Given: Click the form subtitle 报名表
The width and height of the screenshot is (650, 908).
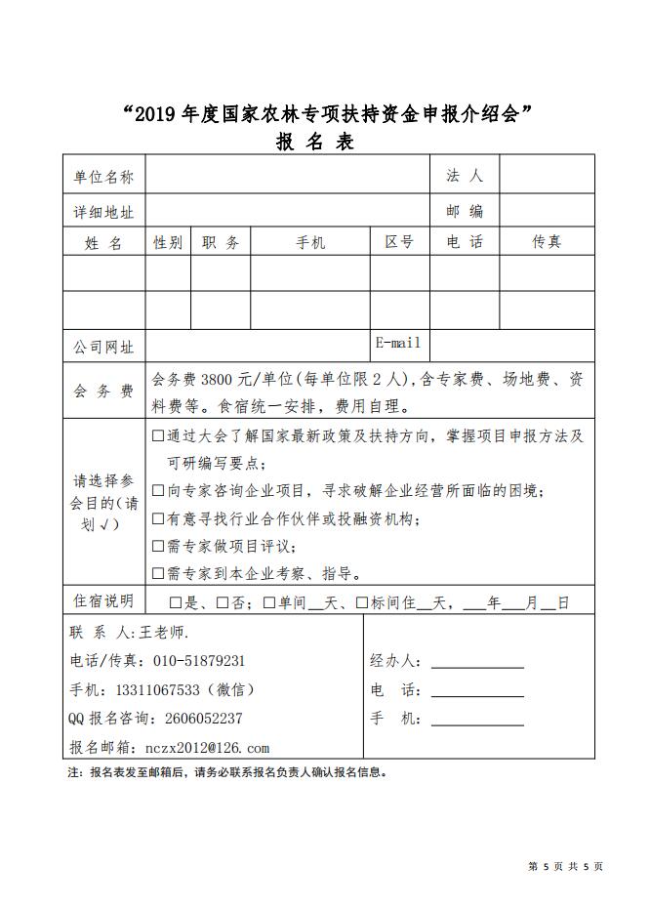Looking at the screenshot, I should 314,143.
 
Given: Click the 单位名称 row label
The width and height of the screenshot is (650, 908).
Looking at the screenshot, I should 103,177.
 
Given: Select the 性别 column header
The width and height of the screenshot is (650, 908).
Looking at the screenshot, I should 168,242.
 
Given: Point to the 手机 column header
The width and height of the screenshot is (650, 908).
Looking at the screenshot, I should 310,242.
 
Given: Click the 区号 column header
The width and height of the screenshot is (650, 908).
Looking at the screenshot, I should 399,242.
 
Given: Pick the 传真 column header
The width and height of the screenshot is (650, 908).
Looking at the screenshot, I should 547,242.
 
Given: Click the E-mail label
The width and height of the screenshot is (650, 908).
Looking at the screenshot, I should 398,343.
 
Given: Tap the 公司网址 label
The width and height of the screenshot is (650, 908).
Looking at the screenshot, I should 103,347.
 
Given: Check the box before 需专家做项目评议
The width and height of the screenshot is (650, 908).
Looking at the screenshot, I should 158,546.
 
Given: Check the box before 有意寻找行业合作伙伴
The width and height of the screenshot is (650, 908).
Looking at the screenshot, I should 158,518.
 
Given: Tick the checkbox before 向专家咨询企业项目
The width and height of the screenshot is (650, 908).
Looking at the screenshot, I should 158,490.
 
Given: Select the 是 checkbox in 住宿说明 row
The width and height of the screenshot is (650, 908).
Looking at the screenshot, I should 176,602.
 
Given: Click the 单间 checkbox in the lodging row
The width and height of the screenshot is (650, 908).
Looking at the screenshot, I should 268,602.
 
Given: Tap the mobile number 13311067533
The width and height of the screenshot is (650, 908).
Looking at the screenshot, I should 157,689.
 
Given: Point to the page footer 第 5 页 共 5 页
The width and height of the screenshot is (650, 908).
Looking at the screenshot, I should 565,865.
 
